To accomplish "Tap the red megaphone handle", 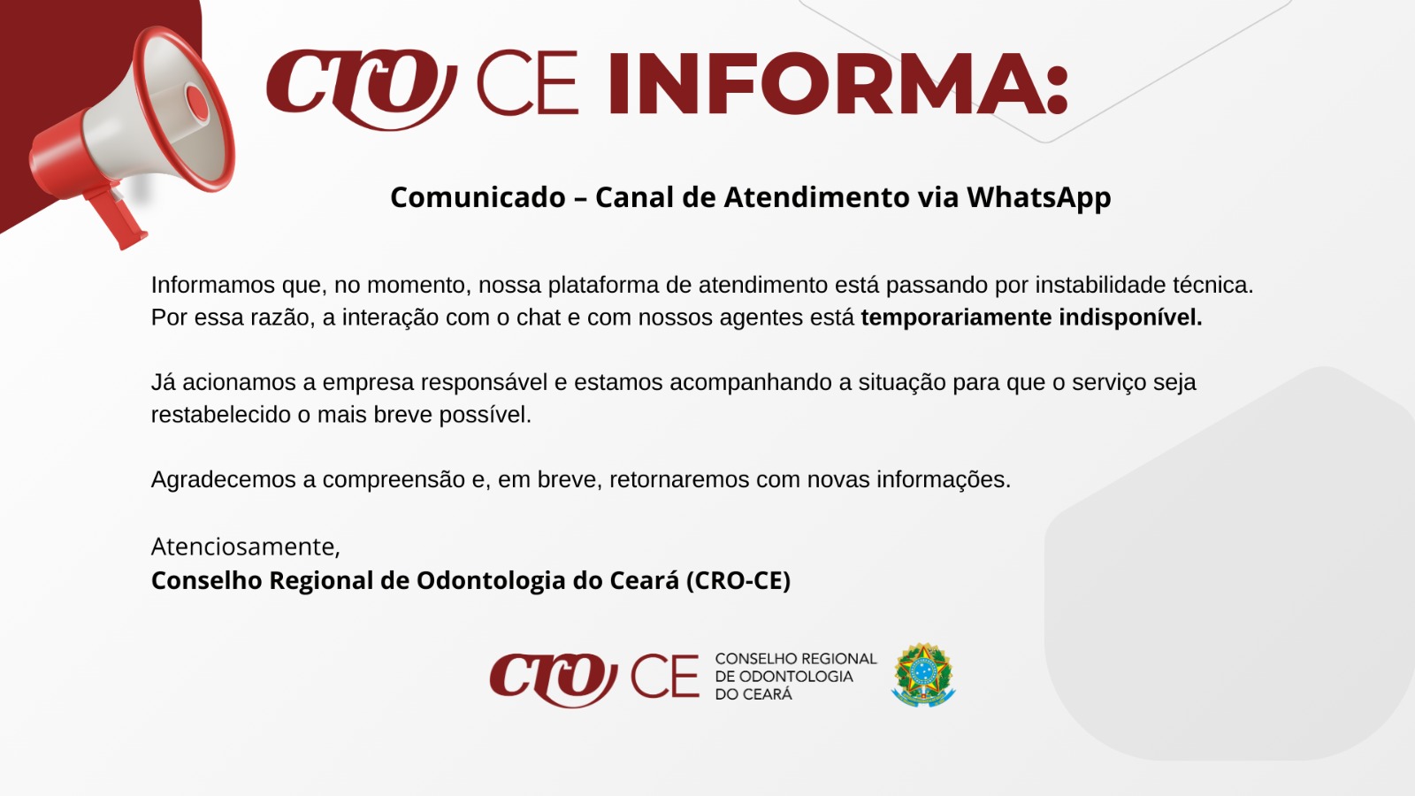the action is [118, 216].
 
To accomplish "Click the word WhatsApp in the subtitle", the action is [1038, 198].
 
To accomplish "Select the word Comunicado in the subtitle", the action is [478, 197].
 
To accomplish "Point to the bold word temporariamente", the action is [956, 318].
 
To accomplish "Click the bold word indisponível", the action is [1131, 318].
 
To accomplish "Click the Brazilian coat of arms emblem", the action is [923, 675].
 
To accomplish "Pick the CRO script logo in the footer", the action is [554, 678].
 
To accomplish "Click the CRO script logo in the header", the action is [362, 88].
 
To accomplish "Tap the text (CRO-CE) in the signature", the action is [738, 580].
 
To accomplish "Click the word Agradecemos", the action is [224, 480].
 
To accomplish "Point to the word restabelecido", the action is [221, 415].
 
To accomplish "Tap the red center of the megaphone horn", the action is [197, 103].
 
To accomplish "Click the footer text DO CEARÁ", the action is [753, 694].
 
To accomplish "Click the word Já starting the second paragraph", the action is [163, 382].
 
